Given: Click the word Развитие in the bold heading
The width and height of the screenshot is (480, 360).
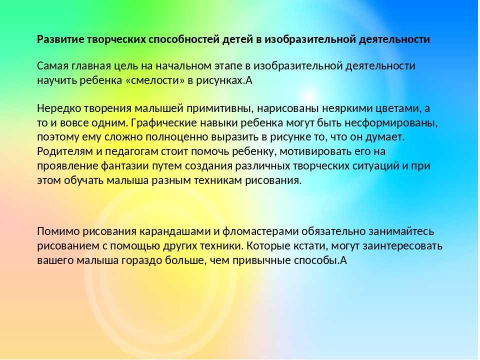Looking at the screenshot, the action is [60, 39].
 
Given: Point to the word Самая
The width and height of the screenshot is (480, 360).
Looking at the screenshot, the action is [52, 66].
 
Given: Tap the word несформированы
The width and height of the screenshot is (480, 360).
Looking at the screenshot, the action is [391, 123].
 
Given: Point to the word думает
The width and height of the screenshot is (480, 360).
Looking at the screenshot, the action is [385, 137].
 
